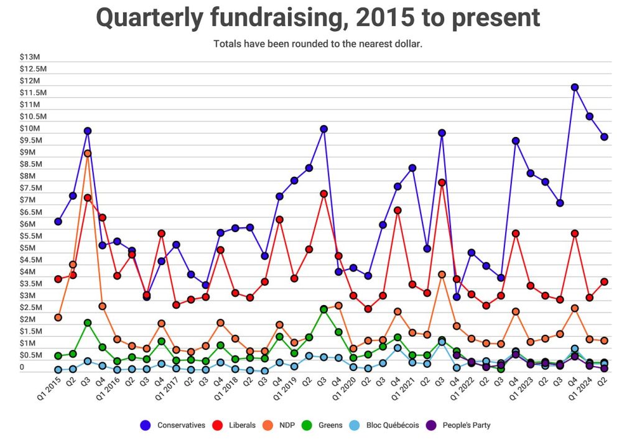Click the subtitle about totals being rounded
pos(318,44)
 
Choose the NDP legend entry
pos(292,425)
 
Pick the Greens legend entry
pos(340,425)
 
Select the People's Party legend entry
pos(466,425)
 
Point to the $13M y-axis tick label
pos(29,57)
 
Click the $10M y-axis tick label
pos(29,128)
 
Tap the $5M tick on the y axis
pos(29,248)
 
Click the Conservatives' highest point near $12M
pos(575,87)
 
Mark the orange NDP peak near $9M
pos(88,153)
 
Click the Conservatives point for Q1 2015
pos(58,222)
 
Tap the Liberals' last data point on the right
pos(604,282)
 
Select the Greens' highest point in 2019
pos(323,309)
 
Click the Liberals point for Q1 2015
pos(58,279)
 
